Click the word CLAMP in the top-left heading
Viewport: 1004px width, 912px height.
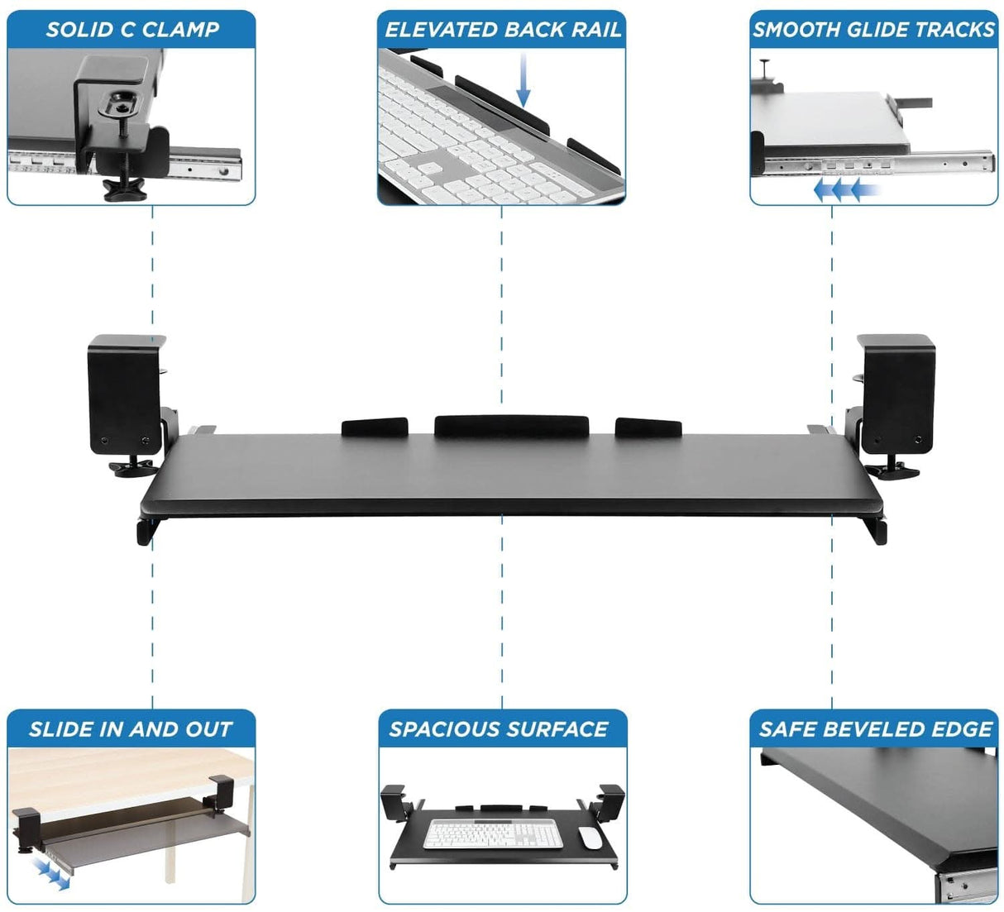pos(180,30)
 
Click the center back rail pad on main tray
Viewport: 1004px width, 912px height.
pos(511,425)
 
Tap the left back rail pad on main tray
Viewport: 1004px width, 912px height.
pos(375,427)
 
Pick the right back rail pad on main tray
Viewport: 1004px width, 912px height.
pos(648,427)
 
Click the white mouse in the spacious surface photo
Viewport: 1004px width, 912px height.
pos(590,837)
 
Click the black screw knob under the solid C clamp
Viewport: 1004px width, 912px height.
pos(123,191)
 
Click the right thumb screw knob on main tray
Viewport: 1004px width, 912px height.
pos(892,471)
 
